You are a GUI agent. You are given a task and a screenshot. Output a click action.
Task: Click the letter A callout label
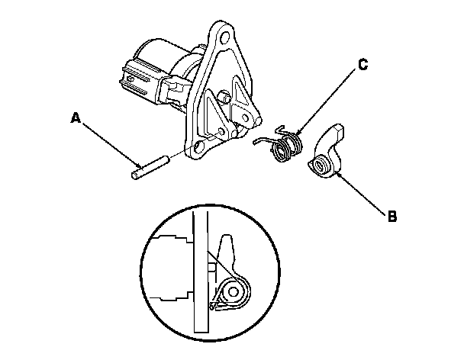point(75,117)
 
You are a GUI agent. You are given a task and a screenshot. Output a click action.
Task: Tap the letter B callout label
point(392,216)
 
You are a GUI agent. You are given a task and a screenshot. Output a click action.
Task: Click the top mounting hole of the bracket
point(221,36)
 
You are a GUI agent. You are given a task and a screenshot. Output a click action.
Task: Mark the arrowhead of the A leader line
point(141,166)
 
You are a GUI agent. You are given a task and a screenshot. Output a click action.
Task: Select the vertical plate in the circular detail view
point(201,275)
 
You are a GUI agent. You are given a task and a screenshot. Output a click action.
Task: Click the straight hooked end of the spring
point(262,140)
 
